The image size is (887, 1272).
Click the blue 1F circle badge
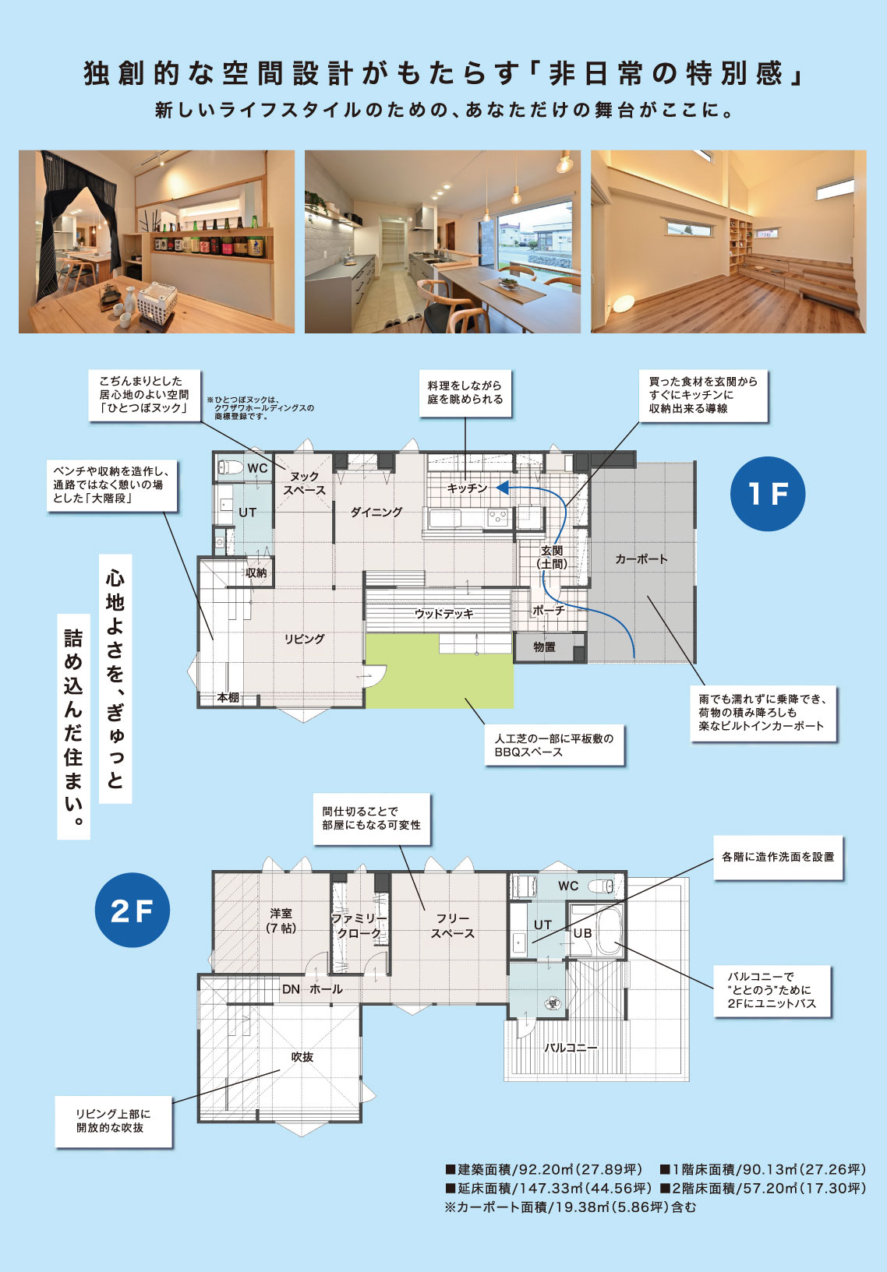click(767, 494)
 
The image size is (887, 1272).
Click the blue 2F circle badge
click(132, 910)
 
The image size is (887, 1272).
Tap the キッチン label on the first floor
click(467, 488)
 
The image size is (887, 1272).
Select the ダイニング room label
click(376, 513)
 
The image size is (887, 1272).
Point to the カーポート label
click(641, 559)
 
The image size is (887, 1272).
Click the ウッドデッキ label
click(443, 614)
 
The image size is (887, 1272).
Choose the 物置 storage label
click(544, 647)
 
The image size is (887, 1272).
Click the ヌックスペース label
click(304, 483)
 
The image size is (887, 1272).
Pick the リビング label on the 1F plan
click(304, 639)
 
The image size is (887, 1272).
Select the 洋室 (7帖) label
click(281, 920)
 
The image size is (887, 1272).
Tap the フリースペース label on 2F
click(452, 925)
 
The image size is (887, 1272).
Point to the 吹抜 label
click(302, 1057)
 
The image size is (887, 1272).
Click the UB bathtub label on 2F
click(582, 933)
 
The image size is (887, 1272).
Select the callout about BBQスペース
click(554, 745)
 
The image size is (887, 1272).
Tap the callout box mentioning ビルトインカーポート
click(762, 713)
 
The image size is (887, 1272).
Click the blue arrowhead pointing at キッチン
click(504, 488)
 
